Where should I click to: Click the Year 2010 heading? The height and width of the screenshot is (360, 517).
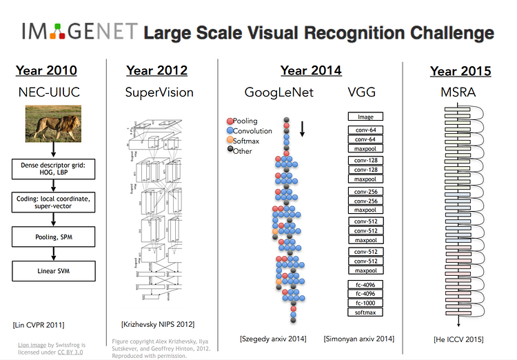[46, 70]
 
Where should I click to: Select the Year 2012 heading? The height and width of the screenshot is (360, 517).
[156, 70]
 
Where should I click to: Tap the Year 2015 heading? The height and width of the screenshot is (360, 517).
[460, 71]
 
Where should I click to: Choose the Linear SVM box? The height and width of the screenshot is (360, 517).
[53, 271]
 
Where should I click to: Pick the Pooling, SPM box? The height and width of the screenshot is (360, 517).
[53, 237]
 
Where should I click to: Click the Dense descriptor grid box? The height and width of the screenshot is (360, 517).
[53, 170]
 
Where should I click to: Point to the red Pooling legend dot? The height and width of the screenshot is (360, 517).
[229, 121]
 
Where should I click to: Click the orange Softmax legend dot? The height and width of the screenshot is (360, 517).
[229, 141]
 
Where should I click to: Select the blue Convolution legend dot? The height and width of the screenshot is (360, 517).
[229, 131]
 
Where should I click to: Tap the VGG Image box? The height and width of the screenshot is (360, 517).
[365, 117]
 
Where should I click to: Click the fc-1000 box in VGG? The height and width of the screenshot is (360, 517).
[365, 303]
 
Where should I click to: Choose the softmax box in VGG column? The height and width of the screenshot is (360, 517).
[365, 313]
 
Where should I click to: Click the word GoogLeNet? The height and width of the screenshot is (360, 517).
[279, 92]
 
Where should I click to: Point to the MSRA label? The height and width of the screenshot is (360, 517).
[460, 92]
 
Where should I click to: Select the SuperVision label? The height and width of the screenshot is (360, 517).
[159, 92]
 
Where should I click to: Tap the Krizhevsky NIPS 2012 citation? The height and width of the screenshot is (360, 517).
[158, 324]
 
